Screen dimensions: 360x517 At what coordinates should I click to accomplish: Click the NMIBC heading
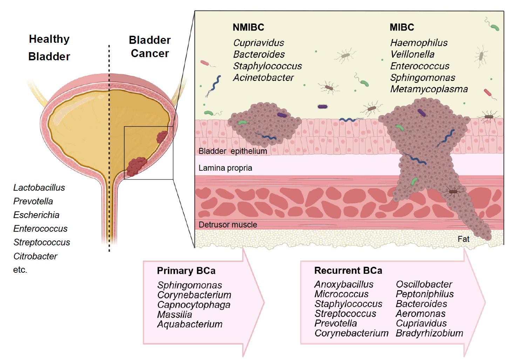click(x=248, y=27)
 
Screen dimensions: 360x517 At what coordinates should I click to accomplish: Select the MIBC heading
click(x=402, y=27)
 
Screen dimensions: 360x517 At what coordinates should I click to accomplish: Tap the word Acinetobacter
click(x=263, y=77)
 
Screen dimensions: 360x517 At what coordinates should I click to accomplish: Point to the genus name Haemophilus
click(x=419, y=43)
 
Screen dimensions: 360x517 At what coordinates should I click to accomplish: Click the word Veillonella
click(x=412, y=54)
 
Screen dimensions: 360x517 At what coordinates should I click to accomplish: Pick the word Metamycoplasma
click(x=429, y=89)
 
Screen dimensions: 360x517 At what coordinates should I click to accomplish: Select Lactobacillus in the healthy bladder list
click(x=39, y=188)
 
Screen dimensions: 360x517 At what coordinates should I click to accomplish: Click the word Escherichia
click(x=36, y=215)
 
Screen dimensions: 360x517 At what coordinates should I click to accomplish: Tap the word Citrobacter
click(x=35, y=256)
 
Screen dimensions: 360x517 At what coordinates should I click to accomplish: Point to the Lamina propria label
click(x=225, y=168)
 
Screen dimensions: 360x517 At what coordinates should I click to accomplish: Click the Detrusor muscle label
click(x=228, y=225)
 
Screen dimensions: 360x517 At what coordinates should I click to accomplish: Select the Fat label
click(x=463, y=239)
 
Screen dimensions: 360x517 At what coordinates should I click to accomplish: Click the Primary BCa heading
click(x=186, y=271)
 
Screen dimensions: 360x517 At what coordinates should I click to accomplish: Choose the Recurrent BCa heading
click(x=348, y=271)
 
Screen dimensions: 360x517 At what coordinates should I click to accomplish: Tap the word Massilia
click(x=175, y=314)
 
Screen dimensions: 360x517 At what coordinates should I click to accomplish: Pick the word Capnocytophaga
click(x=193, y=305)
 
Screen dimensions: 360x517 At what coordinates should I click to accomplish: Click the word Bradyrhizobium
click(x=429, y=333)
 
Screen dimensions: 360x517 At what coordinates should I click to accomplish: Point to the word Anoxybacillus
click(x=344, y=284)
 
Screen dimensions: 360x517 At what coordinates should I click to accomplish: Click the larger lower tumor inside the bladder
click(x=136, y=166)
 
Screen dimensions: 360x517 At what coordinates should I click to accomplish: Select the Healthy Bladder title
click(x=49, y=48)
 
